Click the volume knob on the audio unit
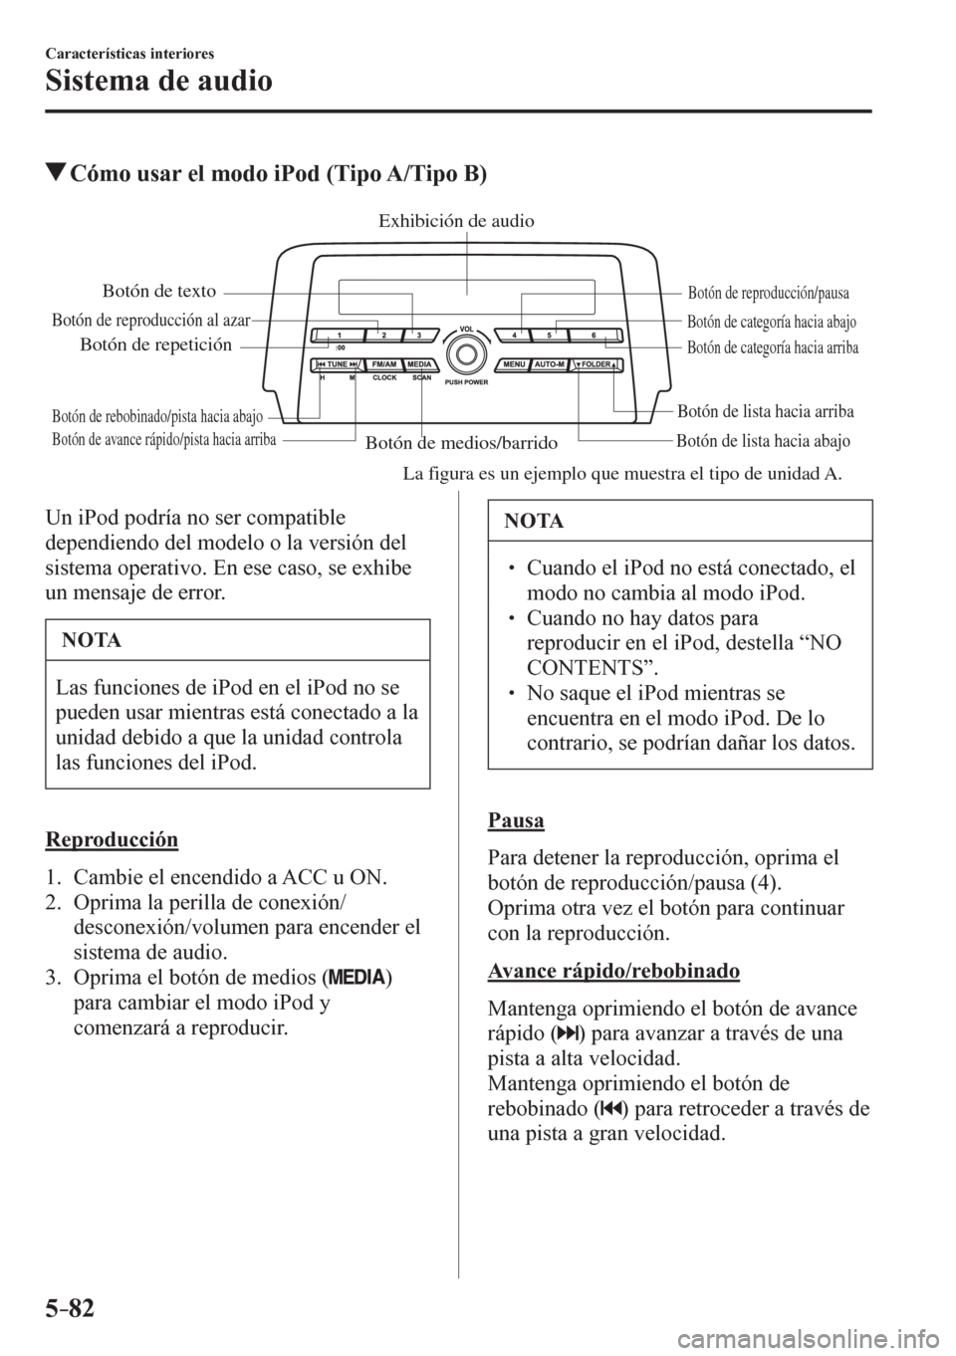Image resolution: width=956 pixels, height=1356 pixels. (x=465, y=352)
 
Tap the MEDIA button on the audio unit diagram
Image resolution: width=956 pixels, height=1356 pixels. (x=419, y=364)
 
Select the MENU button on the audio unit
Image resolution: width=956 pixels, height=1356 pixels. (x=514, y=364)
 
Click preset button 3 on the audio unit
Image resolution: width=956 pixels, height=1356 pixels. (x=420, y=335)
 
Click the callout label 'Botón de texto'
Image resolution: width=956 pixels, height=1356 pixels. (x=159, y=291)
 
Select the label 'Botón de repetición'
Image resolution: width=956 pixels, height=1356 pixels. (x=155, y=345)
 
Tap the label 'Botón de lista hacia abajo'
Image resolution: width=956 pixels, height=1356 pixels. (x=763, y=440)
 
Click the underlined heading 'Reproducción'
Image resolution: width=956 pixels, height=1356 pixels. (x=112, y=839)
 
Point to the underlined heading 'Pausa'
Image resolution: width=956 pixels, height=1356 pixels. (x=516, y=820)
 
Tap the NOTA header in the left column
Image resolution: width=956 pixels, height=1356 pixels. (x=91, y=641)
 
